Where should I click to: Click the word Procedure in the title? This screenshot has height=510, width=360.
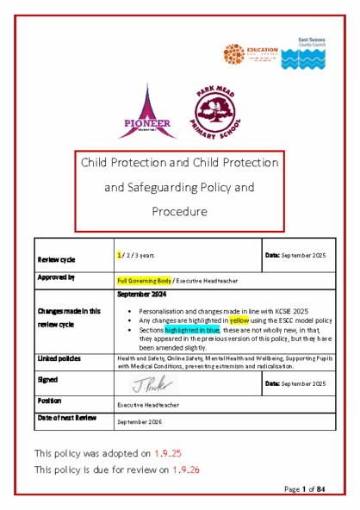[180, 211]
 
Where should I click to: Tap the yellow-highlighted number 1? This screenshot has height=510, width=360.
[120, 256]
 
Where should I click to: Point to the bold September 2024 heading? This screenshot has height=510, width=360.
[141, 294]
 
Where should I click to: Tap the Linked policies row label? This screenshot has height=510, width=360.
[59, 357]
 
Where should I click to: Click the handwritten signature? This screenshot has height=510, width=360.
[151, 383]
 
